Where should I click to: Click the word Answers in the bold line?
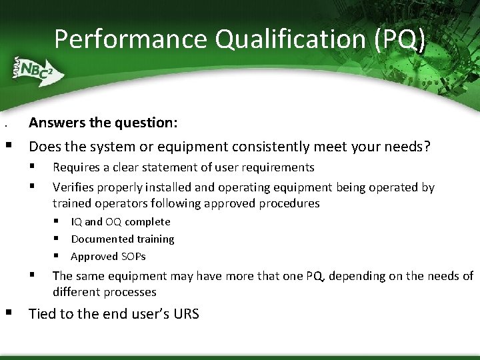click(56, 123)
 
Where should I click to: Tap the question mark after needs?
click(427, 146)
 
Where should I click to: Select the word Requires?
click(77, 167)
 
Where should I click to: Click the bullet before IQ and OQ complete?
click(58, 221)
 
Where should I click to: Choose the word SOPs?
click(133, 256)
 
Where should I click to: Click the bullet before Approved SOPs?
click(58, 256)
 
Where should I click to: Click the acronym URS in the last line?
click(185, 314)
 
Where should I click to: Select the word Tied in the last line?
click(42, 314)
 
